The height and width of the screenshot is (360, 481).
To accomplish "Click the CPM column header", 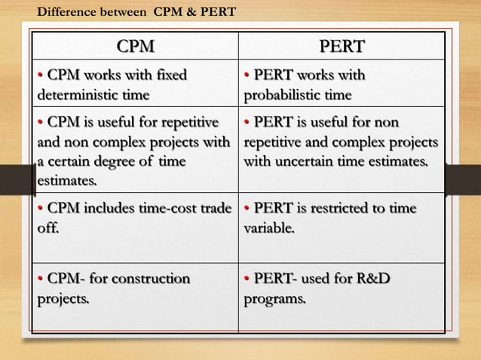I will pos(136,47).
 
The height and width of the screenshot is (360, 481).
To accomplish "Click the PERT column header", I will pos(342,47).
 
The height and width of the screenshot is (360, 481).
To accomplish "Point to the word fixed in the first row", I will pos(170,76).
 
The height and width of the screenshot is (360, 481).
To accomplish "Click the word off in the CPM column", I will pos(47,227).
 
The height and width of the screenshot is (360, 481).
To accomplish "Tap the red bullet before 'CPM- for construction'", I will pos(41,280).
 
